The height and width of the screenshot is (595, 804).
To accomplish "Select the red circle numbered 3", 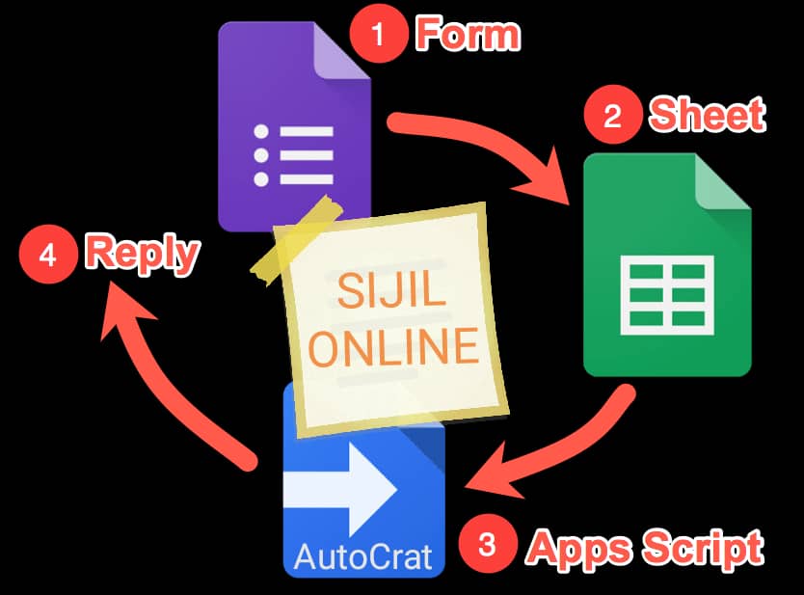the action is pos(488,545).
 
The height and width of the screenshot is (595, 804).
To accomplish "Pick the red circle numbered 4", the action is pos(49,256).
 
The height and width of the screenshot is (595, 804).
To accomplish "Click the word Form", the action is pos(468,36).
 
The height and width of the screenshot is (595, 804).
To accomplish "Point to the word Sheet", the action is pos(708,116).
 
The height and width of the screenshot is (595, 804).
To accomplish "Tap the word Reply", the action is pos(142,255).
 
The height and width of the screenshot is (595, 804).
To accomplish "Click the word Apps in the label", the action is pos(576,549).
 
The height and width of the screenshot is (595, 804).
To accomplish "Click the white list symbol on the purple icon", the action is pos(295,154).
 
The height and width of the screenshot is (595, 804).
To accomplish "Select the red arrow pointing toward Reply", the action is pos(164,376).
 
